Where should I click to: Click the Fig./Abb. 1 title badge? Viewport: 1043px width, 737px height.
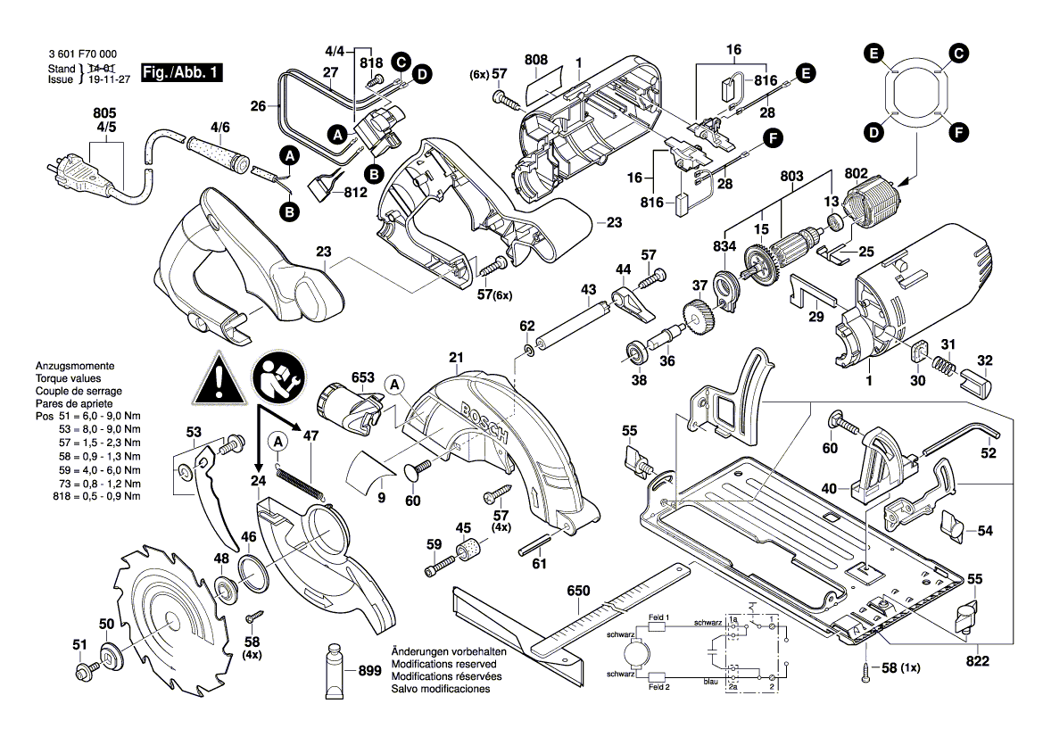pyautogui.click(x=182, y=73)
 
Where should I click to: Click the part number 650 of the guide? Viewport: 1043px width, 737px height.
pyautogui.click(x=579, y=591)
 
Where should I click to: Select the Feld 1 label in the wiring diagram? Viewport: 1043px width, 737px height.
pyautogui.click(x=658, y=617)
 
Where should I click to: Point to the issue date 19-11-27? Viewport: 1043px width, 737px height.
pyautogui.click(x=105, y=79)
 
